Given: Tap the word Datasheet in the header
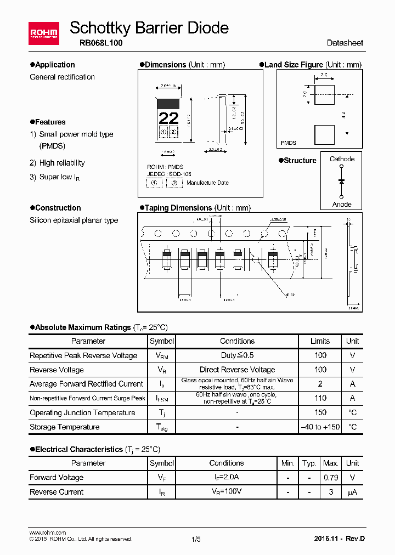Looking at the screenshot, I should tap(345, 43).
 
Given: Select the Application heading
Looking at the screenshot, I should tap(55, 65).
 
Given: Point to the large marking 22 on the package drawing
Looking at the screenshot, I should tap(168, 118).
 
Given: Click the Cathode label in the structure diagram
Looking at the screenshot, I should tap(342, 159).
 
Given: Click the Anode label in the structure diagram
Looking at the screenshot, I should tap(342, 204).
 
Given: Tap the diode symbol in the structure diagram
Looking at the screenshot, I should tap(342, 181).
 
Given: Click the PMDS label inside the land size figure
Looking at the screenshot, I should tap(289, 143).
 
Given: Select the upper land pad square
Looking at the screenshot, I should tap(324, 95).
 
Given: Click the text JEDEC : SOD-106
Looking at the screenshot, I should tap(170, 174).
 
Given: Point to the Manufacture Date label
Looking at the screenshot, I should tap(207, 183).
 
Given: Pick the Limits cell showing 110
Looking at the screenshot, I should tap(320, 398).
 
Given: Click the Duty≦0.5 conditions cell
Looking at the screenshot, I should tap(237, 355).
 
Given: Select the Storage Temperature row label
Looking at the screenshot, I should tap(65, 427).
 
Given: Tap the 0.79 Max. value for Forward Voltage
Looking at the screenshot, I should tap(330, 478).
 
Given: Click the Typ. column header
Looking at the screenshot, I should tap(309, 463).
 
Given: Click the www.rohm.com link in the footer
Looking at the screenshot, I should tap(47, 533).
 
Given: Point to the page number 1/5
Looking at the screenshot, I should tap(196, 540).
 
